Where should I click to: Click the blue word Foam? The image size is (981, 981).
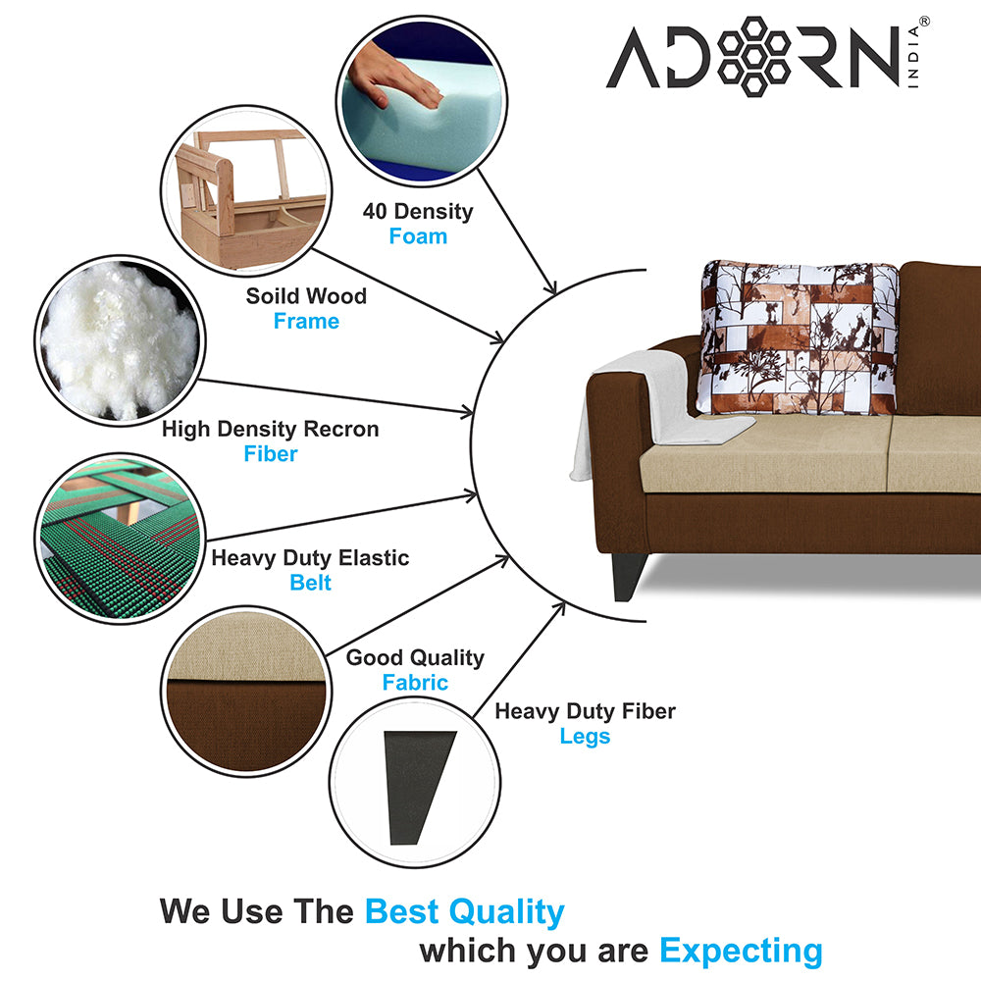tap(418, 236)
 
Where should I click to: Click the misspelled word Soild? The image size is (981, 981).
tap(274, 296)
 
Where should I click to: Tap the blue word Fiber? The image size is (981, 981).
tap(270, 454)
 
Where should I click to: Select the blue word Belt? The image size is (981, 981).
tap(310, 583)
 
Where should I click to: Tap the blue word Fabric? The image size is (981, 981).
tap(415, 683)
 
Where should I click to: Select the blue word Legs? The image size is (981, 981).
tap(585, 736)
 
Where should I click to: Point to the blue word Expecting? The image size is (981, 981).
tap(741, 950)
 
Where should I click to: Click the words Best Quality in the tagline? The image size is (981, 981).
tap(464, 911)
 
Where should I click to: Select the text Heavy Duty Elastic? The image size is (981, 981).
tap(310, 558)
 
